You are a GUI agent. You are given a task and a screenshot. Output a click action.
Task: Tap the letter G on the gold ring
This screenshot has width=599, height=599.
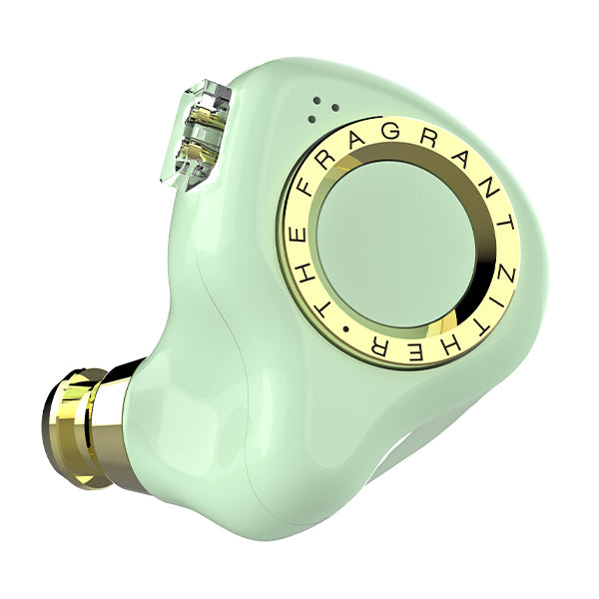pos(389,130)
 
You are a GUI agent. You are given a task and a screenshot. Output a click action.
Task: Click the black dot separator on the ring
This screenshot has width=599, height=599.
pos(346,328)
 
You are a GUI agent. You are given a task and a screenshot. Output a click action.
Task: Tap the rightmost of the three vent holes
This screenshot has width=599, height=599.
pos(335,108)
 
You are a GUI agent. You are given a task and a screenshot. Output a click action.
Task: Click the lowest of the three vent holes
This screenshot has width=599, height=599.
pos(311,119)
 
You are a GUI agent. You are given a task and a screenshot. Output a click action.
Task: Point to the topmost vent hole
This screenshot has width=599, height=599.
pos(316,101)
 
